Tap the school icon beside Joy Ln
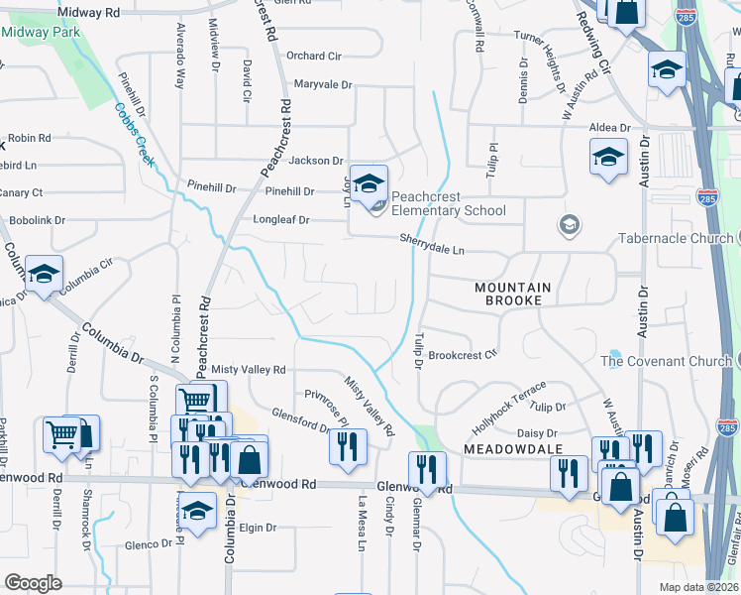[369, 184]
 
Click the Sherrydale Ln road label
[432, 239]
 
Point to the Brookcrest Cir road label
[463, 354]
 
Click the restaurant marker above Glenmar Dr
[427, 470]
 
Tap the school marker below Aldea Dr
[608, 158]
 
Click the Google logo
[33, 583]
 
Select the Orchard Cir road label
[313, 56]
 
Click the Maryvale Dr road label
[323, 84]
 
